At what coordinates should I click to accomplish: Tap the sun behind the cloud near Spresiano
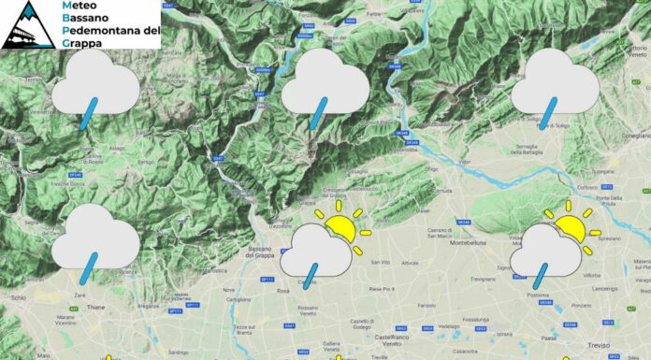(570, 223)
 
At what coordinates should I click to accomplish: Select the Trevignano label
(483, 279)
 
